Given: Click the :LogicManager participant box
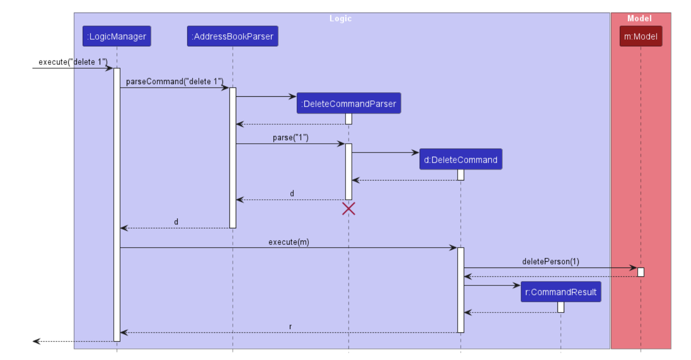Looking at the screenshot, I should pos(117,36).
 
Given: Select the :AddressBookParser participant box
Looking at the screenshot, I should pos(232,36).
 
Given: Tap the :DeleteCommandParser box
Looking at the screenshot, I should pos(348,104).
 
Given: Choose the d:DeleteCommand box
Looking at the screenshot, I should pos(460,160).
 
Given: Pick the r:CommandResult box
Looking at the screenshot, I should pos(560,292).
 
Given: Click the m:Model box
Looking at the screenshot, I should pos(640,36).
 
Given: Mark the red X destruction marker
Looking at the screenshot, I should pos(348,209).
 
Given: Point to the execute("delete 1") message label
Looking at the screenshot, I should pos(73,62).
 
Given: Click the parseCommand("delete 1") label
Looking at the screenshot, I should pos(175,81).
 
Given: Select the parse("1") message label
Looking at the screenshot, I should pos(290,137).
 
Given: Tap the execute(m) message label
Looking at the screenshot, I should pos(288,242).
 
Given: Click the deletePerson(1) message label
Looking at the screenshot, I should pos(550,261).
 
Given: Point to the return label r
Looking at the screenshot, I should pos(290,327).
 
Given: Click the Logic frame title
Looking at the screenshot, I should pos(341,18).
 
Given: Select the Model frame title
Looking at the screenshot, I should pos(639,18).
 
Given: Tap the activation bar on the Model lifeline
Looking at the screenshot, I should pos(640,272).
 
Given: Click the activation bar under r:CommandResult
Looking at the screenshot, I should pos(560,307).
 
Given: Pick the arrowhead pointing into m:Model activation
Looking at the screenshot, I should pos(633,268).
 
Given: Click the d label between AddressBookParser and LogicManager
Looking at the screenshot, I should pos(176,222).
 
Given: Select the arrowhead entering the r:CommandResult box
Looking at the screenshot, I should pos(517,285).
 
